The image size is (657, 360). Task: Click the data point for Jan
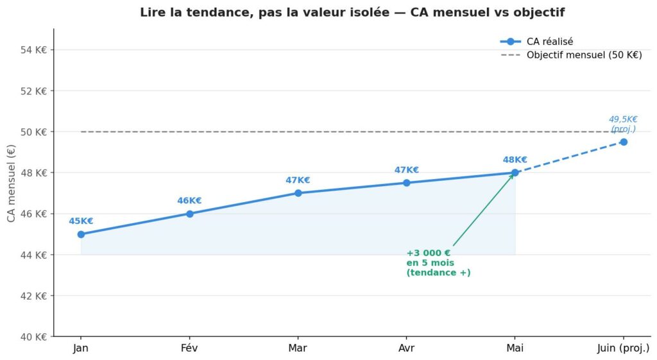coord(81,234)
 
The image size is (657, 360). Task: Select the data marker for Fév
coord(190,214)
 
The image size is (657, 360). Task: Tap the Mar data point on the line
coord(298,193)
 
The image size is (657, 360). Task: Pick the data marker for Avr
coord(406,183)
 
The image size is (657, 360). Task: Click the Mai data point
coord(515,173)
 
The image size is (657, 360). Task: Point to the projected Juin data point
coord(623,142)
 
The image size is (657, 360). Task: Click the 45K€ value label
coord(81,221)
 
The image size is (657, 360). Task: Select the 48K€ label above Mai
coord(515,160)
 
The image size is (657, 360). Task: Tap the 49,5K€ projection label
coord(623,119)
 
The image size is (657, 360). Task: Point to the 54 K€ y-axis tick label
coord(34,49)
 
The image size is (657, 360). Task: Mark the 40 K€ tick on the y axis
coord(34,337)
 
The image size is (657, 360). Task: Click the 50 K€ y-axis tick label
coord(34,132)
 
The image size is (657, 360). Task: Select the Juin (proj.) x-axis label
coord(623,348)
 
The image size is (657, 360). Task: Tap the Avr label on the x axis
coord(406,348)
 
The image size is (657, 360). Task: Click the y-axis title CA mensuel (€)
coord(12,183)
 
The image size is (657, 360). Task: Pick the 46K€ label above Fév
coord(189,201)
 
